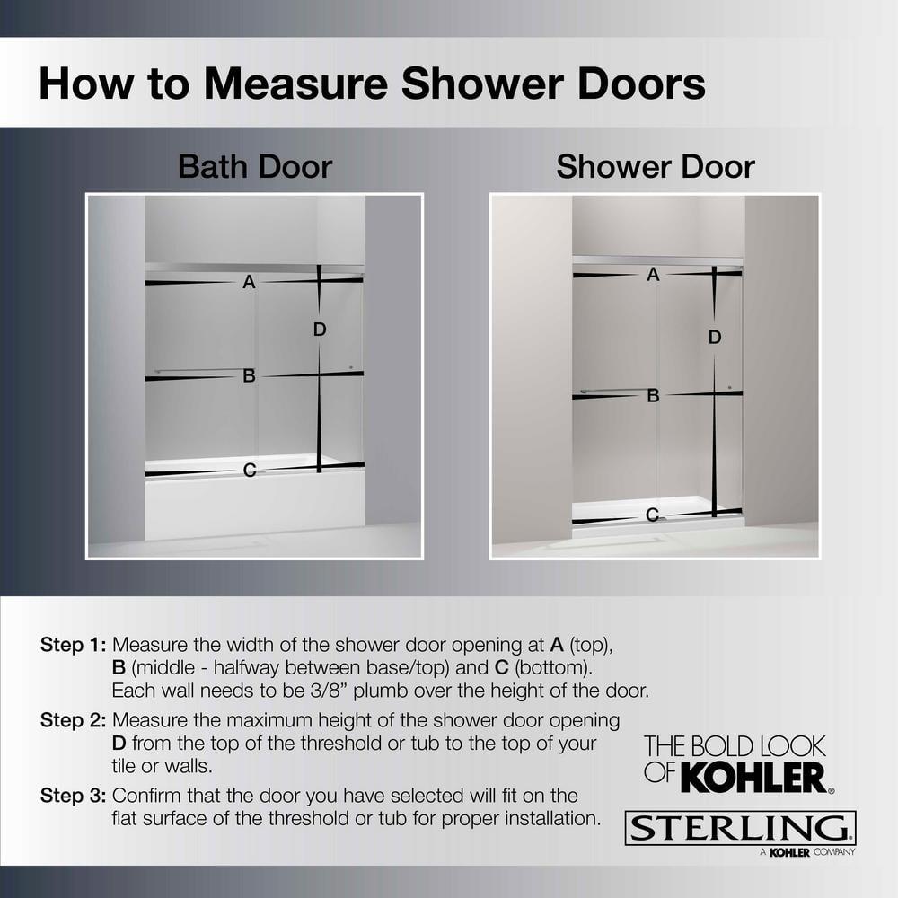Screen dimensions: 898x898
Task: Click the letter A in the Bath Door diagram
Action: [x=249, y=282]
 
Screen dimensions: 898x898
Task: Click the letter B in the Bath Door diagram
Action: [x=249, y=376]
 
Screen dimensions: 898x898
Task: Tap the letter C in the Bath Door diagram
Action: [x=250, y=470]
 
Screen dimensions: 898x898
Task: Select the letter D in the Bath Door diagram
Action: [x=320, y=330]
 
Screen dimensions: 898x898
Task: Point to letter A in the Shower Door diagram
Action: [x=653, y=275]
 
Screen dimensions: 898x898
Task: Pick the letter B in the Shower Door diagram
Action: [x=653, y=394]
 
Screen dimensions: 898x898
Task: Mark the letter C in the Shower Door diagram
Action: [x=653, y=515]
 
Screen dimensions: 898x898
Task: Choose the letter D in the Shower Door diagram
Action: [x=715, y=338]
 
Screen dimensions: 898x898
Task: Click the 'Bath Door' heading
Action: [x=255, y=167]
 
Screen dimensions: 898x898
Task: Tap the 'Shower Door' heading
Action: [x=656, y=167]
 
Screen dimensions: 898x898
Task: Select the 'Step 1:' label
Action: [x=74, y=645]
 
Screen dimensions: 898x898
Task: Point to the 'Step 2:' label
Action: [x=74, y=720]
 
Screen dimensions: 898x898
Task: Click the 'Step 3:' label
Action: [x=74, y=796]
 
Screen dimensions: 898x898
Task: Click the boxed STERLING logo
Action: [x=741, y=828]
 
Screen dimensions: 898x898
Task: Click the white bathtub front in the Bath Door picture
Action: [x=254, y=507]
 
